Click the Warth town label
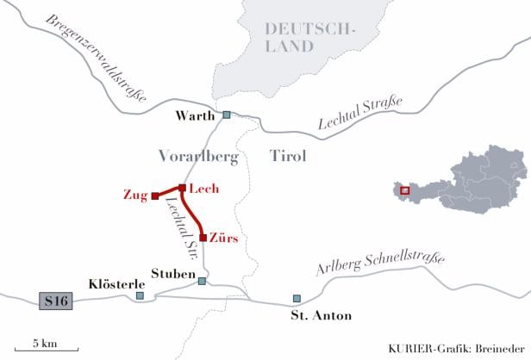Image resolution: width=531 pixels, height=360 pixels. tap(195, 115)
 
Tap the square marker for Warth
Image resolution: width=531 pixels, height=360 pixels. tap(227, 115)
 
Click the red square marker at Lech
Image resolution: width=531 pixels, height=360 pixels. tap(182, 188)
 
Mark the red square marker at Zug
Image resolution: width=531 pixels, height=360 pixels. tap(154, 196)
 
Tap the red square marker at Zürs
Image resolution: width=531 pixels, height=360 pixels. tap(203, 237)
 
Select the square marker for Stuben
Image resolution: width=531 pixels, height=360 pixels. tap(202, 281)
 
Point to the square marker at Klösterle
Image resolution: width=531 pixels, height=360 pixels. tap(140, 295)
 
